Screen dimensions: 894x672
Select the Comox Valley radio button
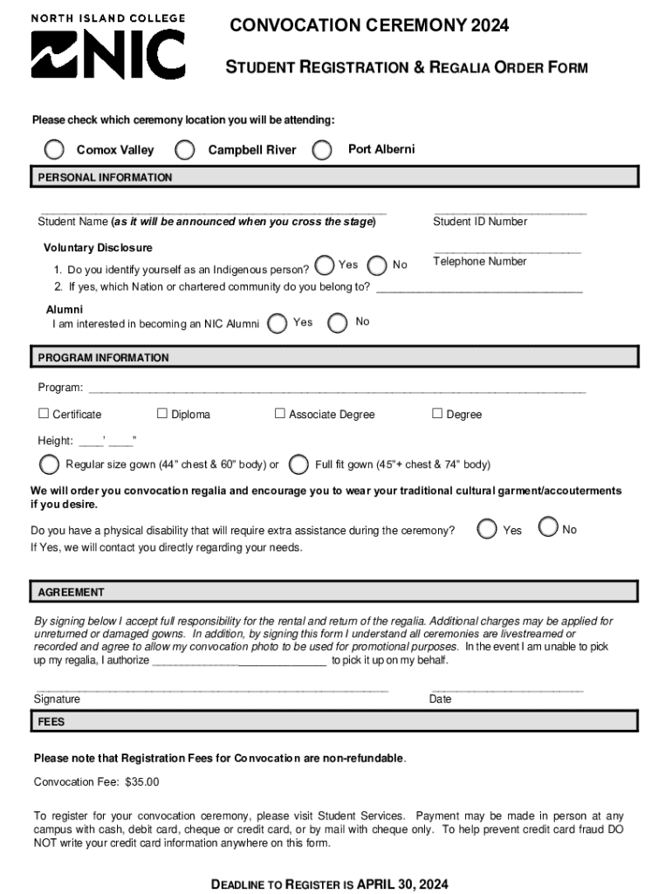54,150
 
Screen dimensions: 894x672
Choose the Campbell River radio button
185,150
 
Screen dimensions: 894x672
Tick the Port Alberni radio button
323,150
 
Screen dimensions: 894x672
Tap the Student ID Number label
480,222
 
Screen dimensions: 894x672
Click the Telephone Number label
480,262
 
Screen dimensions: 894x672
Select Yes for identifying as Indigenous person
324,265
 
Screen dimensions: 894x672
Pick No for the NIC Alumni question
337,323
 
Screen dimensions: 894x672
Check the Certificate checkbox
43,414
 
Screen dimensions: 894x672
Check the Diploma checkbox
161,414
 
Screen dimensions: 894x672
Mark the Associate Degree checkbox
280,414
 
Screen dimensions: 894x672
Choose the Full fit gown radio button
299,464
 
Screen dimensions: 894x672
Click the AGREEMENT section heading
71,593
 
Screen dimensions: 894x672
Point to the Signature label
57,699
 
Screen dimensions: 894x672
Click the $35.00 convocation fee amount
142,782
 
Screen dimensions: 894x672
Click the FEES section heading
51,722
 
